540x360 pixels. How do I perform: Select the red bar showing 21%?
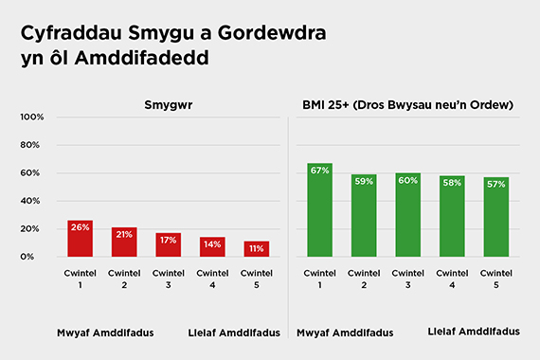[x=124, y=243]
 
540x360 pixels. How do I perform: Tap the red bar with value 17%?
[x=169, y=245]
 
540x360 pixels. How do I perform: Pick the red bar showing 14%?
[x=212, y=247]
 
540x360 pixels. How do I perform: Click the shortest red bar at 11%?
[x=257, y=249]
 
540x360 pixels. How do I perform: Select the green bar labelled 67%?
[x=319, y=210]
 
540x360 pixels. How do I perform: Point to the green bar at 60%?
[x=408, y=215]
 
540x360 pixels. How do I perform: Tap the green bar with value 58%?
[x=452, y=217]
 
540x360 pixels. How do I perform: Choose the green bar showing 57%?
[x=496, y=218]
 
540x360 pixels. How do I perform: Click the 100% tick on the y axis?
[x=32, y=117]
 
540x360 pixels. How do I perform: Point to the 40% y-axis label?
[x=34, y=201]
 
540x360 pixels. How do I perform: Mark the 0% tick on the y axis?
[x=38, y=257]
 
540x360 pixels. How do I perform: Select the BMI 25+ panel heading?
[x=407, y=104]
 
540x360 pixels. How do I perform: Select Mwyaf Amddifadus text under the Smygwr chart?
[x=104, y=333]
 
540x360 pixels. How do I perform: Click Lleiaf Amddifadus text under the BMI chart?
[x=474, y=332]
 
